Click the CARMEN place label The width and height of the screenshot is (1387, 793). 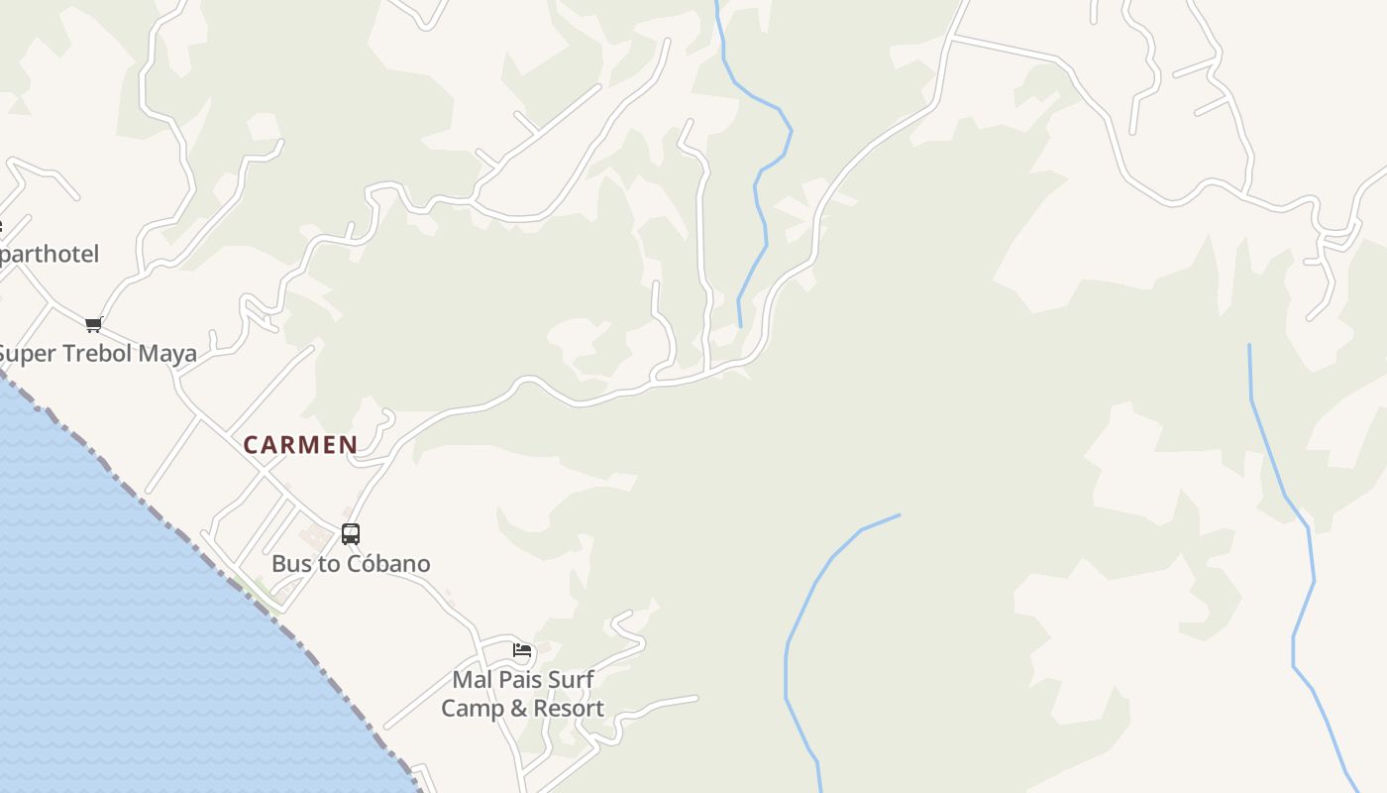300,445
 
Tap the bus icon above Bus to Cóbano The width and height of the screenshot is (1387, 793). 351,534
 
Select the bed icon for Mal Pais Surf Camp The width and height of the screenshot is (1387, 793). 522,650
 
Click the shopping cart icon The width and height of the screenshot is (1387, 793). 94,324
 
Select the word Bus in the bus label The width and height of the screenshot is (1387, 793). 291,564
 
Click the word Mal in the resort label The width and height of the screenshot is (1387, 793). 473,680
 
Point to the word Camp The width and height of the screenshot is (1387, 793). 470,709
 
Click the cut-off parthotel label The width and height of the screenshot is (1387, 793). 50,255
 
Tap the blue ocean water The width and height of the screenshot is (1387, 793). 119,634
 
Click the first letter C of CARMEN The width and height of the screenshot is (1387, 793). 251,445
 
